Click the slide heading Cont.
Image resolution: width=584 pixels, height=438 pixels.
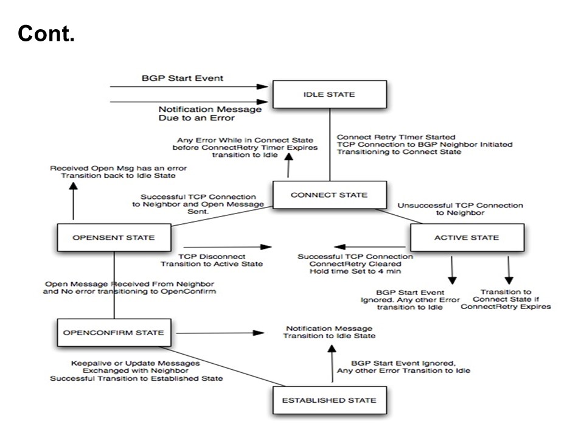tap(46, 35)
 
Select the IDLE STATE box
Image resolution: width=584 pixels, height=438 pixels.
tap(329, 94)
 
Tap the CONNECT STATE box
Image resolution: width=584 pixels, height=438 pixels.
tap(329, 195)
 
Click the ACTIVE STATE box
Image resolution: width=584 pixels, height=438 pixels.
tap(467, 237)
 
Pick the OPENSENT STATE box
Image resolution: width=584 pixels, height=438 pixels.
tap(114, 237)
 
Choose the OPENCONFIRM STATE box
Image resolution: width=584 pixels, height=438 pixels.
tap(114, 333)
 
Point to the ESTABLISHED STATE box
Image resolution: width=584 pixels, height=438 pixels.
tap(329, 400)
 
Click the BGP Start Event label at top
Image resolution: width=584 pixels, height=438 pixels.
tap(182, 78)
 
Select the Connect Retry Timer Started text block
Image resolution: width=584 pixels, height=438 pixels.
tap(425, 144)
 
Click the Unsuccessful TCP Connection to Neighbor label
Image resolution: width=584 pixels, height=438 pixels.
tap(460, 210)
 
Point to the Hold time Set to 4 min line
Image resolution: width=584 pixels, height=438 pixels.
tap(355, 272)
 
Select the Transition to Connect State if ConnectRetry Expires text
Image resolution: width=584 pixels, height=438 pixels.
tap(505, 299)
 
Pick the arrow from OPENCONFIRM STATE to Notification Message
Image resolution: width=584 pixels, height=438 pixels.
tap(219, 333)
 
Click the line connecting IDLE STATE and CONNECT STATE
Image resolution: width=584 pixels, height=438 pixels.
tap(330, 145)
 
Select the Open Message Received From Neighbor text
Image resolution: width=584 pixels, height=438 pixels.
tap(130, 287)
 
